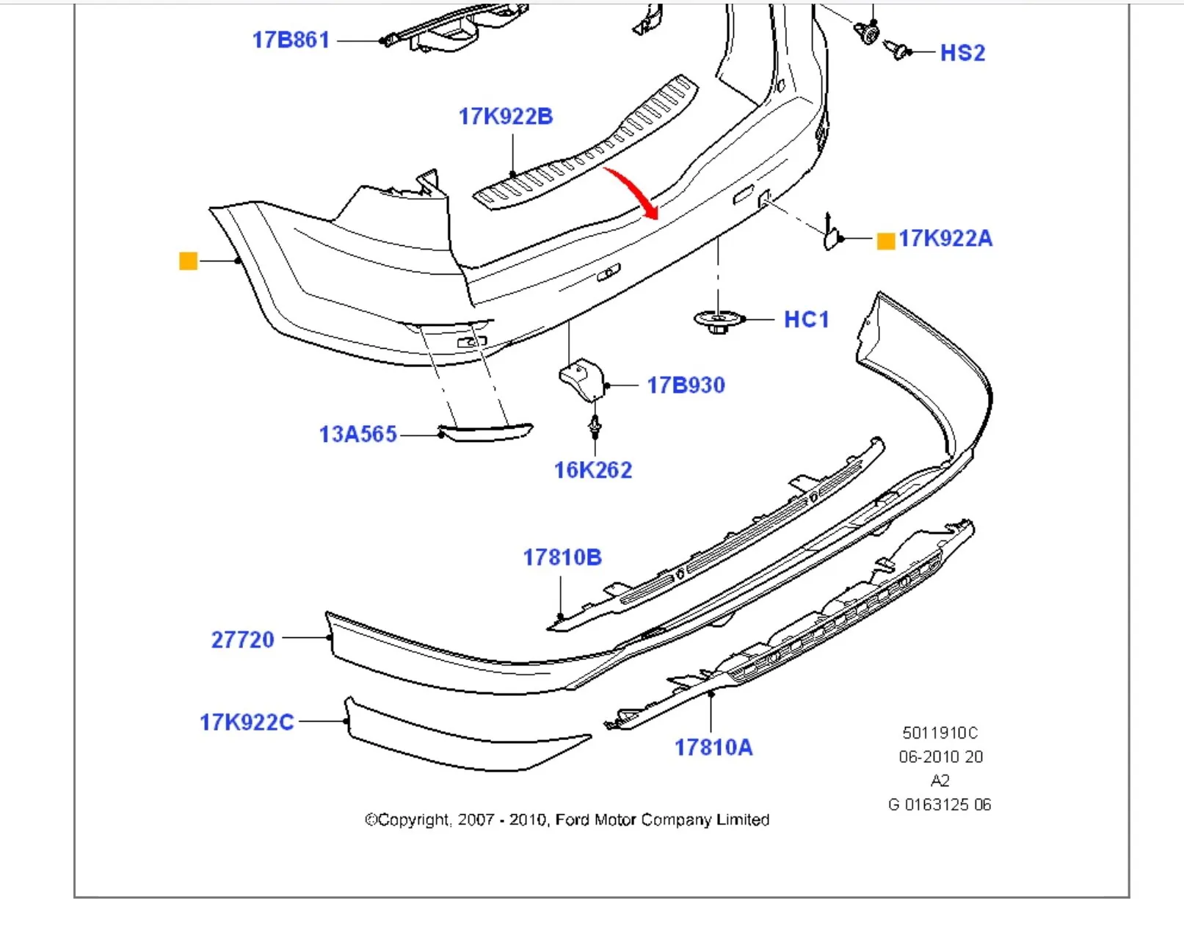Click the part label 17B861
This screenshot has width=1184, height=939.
pos(291,40)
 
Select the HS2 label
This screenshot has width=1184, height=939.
pos(962,53)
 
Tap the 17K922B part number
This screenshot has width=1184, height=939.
pos(505,116)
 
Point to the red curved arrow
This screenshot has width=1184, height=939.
pos(634,190)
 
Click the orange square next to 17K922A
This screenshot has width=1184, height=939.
pos(886,241)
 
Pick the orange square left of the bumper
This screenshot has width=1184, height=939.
pos(189,261)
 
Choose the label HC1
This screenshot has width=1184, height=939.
pos(806,319)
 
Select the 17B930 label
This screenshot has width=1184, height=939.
pos(686,385)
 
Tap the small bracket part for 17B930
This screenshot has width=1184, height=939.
pos(582,379)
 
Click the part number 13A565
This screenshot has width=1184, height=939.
pos(357,434)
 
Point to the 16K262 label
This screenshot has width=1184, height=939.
pos(593,470)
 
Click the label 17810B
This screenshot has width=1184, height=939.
pos(562,557)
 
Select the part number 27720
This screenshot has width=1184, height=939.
pos(242,639)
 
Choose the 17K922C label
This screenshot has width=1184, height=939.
pos(247,722)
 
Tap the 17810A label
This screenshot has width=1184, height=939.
pos(713,747)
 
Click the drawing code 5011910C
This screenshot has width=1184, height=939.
pos(940,733)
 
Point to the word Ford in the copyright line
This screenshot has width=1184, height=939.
pos(572,819)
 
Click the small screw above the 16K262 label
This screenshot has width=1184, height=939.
pos(595,426)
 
